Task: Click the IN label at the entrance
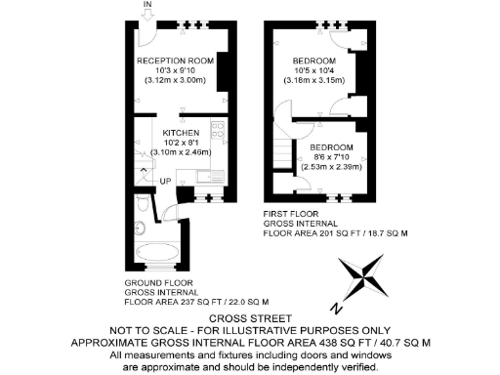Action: click(148, 6)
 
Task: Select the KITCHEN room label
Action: click(181, 132)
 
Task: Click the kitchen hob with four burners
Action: click(219, 131)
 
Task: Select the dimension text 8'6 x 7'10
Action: click(332, 155)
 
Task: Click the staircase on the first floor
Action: click(284, 147)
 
